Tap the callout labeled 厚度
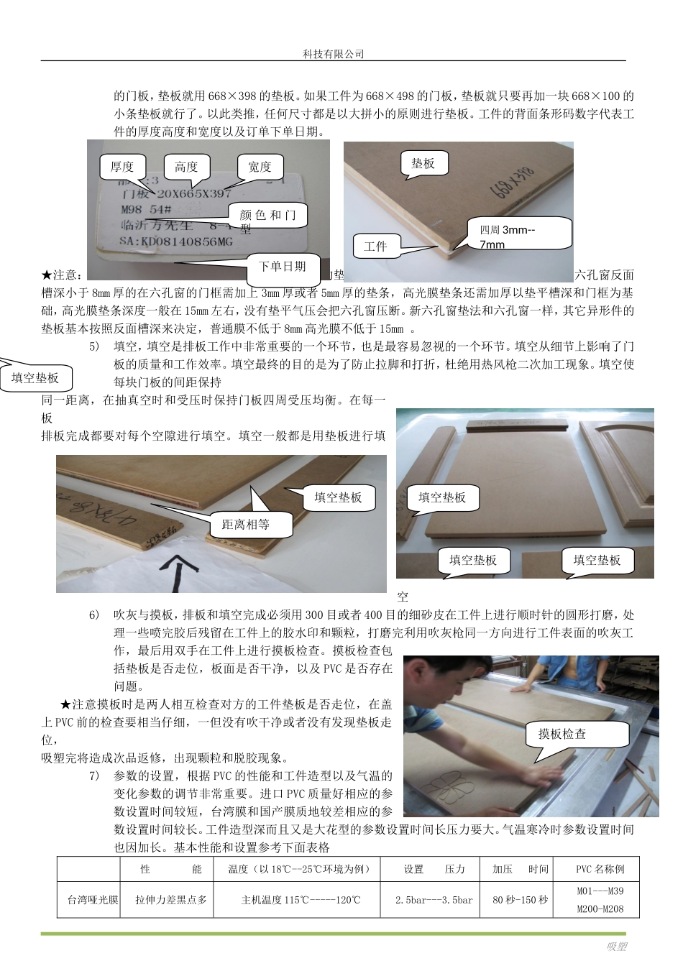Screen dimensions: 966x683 pyautogui.click(x=122, y=167)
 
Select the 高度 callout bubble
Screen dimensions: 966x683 pyautogui.click(x=186, y=167)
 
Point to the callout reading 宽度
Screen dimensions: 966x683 pyautogui.click(x=260, y=167)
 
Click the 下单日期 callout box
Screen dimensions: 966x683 pyautogui.click(x=282, y=267)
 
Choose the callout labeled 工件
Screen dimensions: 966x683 pyautogui.click(x=375, y=247)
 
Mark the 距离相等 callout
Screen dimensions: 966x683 pyautogui.click(x=246, y=525)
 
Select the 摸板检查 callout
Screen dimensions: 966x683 pyautogui.click(x=562, y=734)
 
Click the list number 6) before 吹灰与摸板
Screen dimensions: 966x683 pyautogui.click(x=94, y=615)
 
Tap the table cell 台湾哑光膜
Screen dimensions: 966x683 pyautogui.click(x=93, y=900)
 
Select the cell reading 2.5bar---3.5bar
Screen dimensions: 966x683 pyautogui.click(x=434, y=900)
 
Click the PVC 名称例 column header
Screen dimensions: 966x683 pyautogui.click(x=600, y=869)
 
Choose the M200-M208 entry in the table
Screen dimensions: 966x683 pyautogui.click(x=600, y=909)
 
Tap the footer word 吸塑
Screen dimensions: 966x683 pyautogui.click(x=616, y=947)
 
